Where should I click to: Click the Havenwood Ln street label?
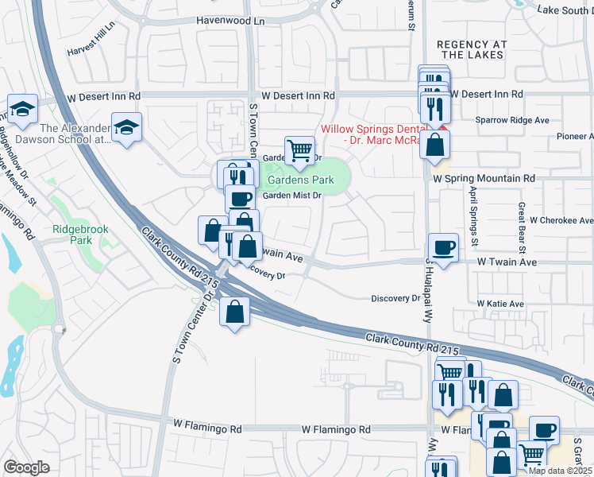pos(229,20)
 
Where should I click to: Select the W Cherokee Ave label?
pos(561,220)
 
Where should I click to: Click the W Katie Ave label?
pos(500,304)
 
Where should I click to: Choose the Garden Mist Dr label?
pos(291,196)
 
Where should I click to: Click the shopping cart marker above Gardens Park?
pos(299,149)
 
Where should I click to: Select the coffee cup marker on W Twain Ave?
pos(442,246)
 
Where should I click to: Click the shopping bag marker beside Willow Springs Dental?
pos(435,145)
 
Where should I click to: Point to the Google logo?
pos(26,467)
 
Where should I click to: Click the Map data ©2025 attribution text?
pos(560,471)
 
